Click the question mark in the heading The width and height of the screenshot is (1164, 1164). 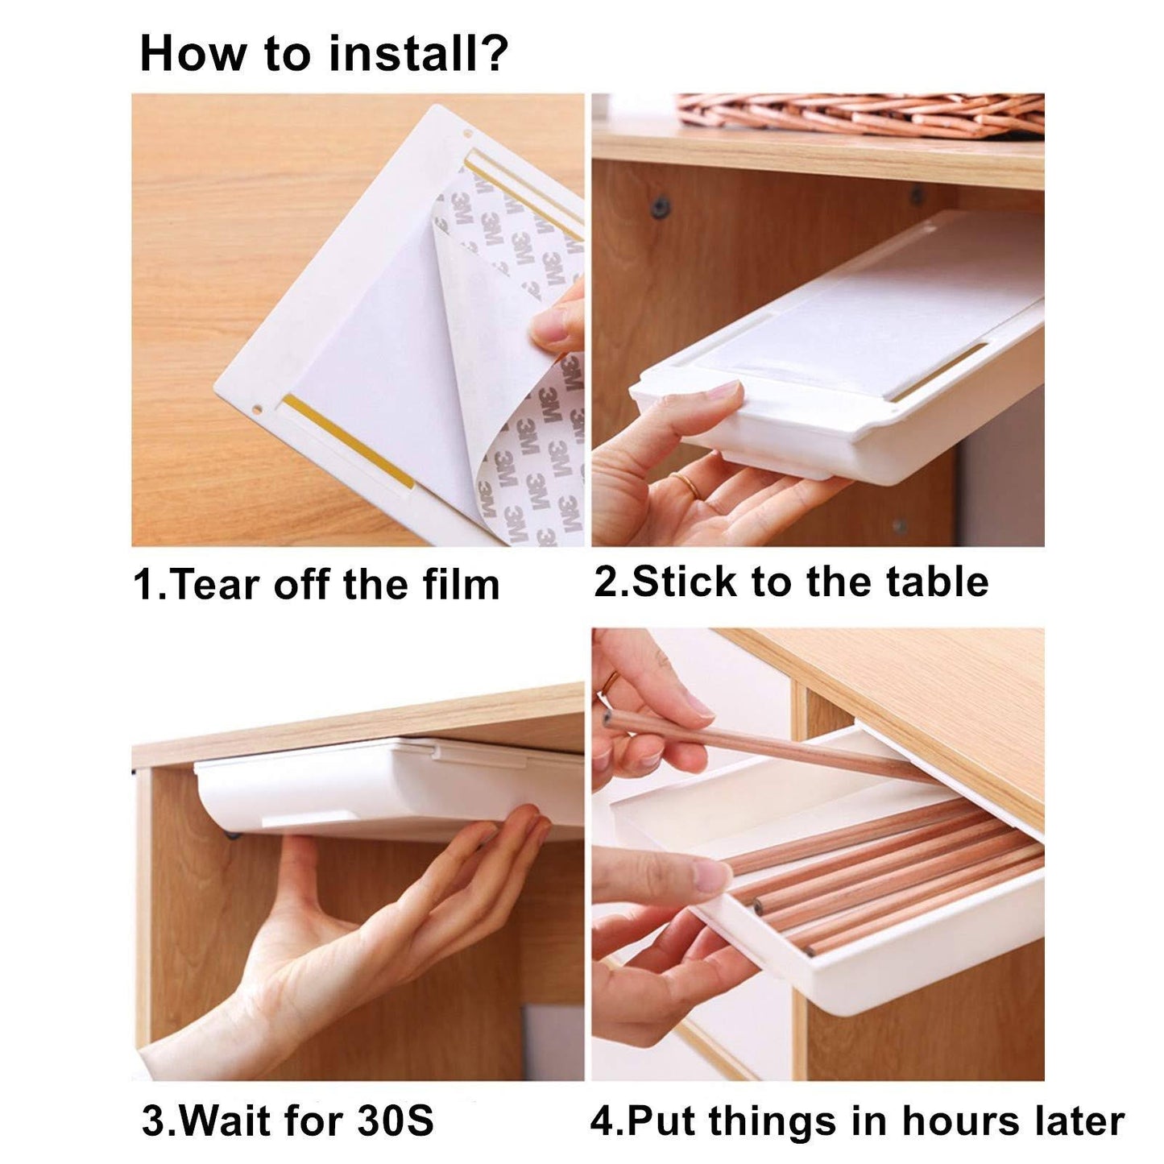(x=491, y=53)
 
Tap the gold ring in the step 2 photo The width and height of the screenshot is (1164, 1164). (x=685, y=484)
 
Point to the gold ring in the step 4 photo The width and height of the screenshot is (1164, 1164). (x=609, y=681)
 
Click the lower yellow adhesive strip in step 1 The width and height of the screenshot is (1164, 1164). (x=349, y=442)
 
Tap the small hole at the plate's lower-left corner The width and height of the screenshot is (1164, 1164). (x=257, y=410)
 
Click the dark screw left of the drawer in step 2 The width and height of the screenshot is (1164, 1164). (x=662, y=205)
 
